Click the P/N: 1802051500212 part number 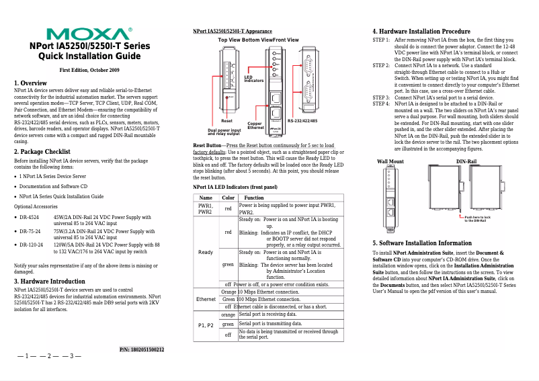(x=142, y=349)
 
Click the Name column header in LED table (x=206, y=198)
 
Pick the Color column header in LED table (x=229, y=198)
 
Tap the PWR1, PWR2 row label (x=206, y=208)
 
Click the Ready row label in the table (x=206, y=251)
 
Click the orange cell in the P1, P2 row (x=229, y=314)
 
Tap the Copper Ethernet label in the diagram (x=255, y=126)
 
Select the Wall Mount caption (x=390, y=162)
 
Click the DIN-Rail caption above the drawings (x=466, y=162)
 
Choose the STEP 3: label (x=381, y=98)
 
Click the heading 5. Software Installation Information (x=427, y=243)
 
